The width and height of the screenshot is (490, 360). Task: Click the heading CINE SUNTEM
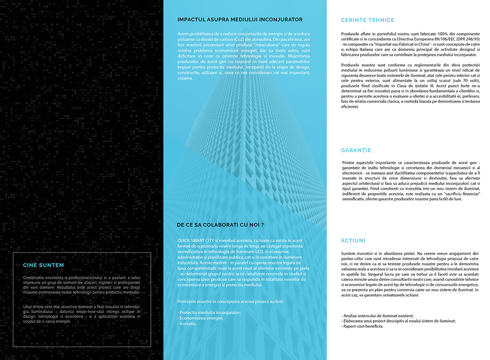tap(43, 265)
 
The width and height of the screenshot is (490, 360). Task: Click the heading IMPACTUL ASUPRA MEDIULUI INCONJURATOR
tap(240, 20)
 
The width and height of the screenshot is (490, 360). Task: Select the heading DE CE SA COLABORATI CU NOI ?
tap(220, 224)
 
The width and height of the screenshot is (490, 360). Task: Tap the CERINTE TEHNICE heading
tap(367, 20)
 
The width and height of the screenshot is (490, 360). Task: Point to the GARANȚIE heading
tap(356, 150)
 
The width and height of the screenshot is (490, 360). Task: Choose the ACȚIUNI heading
tap(353, 240)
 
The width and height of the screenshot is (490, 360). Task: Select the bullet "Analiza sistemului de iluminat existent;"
tap(377, 316)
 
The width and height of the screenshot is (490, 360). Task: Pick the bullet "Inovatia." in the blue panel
tap(187, 324)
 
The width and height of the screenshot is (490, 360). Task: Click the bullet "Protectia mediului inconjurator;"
tap(209, 313)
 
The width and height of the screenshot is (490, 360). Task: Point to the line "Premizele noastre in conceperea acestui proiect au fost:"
tap(231, 302)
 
